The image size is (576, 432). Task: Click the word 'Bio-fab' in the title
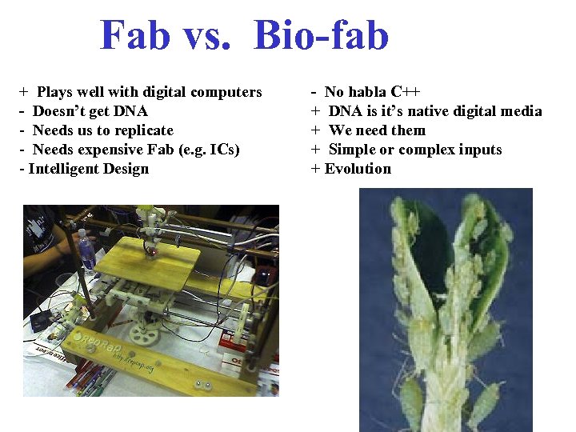pos(321,36)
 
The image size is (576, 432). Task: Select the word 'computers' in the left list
pos(228,92)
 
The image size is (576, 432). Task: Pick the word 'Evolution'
pos(358,169)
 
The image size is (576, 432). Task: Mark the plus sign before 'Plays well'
pos(23,92)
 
